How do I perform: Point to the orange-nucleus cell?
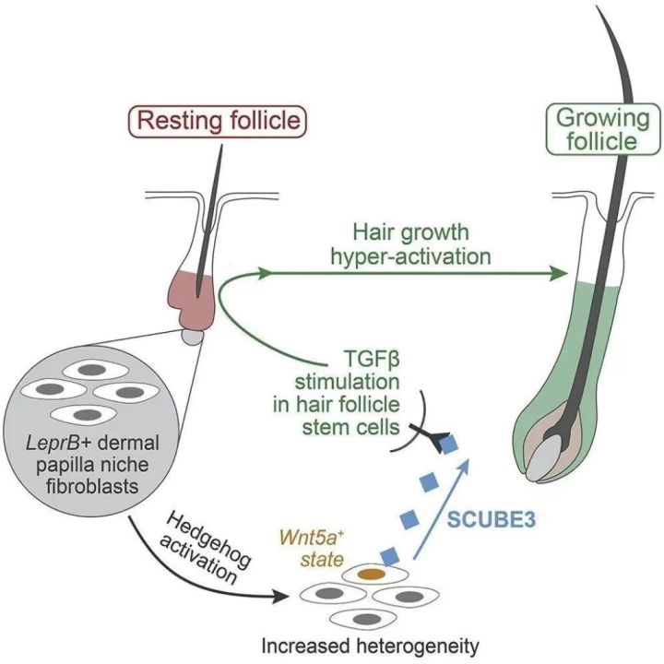tap(370, 574)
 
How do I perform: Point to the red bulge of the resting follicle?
tap(195, 289)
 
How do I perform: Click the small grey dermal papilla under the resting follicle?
tap(192, 338)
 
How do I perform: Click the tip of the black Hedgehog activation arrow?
tap(281, 598)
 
